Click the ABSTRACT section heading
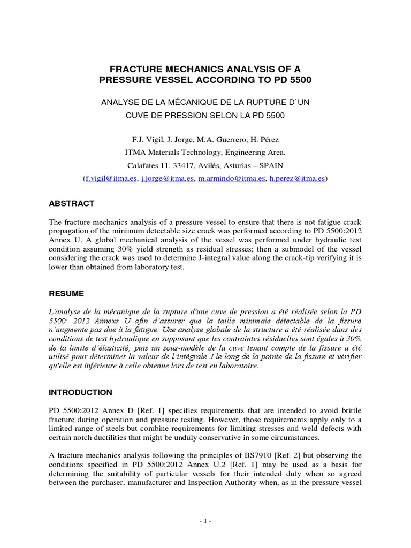pyautogui.click(x=72, y=204)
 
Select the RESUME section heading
pyautogui.click(x=66, y=294)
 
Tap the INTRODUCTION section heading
pyautogui.click(x=81, y=392)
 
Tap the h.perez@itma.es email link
pyautogui.click(x=297, y=179)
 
